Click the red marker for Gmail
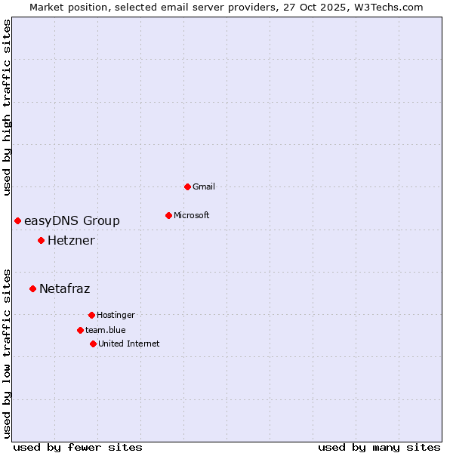187,186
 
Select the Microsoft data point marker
168,215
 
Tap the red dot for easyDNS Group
17,220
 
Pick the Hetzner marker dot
41,241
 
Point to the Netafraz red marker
32,288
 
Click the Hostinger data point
91,315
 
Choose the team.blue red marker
80,330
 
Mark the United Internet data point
93,344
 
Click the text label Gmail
204,186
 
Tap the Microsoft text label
192,215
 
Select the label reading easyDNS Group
72,220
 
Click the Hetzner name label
71,241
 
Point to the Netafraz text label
64,288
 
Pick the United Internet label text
129,344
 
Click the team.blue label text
106,330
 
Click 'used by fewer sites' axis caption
78,447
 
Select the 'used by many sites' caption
379,447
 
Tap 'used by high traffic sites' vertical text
7,107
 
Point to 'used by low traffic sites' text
7,353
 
